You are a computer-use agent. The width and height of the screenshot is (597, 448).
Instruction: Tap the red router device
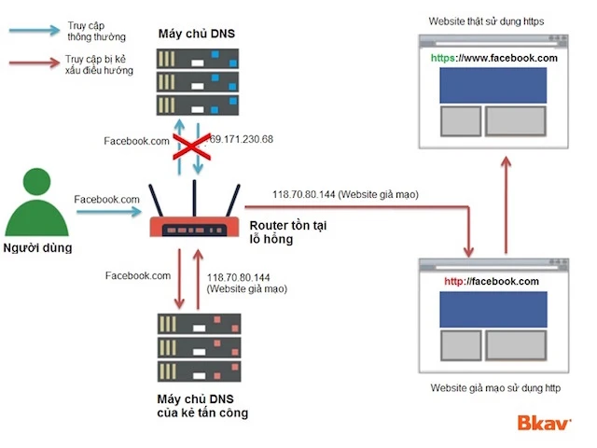(x=193, y=224)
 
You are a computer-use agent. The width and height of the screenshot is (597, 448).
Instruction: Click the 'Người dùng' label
(x=37, y=248)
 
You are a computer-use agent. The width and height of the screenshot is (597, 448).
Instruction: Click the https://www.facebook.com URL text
(x=493, y=58)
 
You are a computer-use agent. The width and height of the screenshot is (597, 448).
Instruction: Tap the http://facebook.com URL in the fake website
(x=492, y=281)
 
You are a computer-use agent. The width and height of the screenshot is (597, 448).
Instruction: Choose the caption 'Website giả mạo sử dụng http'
(x=494, y=387)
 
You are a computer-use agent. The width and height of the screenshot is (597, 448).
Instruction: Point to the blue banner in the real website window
(x=493, y=86)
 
